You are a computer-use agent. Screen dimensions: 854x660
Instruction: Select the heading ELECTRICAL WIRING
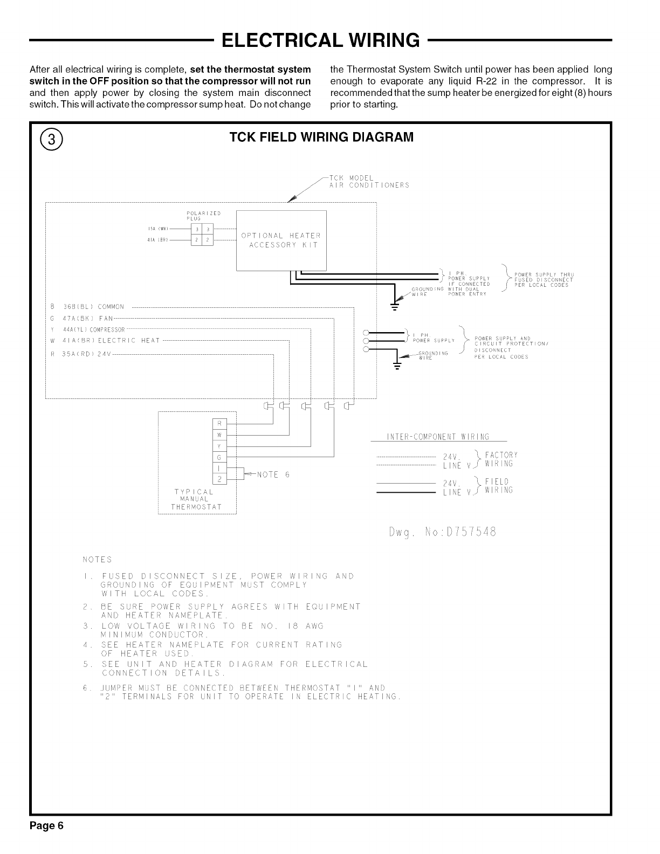[x=320, y=40]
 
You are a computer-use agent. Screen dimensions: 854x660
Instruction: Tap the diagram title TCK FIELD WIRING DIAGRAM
[x=321, y=137]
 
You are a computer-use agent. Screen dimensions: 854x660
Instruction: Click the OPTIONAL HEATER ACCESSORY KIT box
[x=281, y=240]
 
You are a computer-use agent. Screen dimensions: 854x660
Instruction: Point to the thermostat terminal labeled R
[x=219, y=423]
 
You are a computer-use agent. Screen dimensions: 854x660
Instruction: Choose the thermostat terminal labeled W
[x=219, y=435]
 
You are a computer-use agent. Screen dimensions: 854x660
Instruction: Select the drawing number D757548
[x=442, y=533]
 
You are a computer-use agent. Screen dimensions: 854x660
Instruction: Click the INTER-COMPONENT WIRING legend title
[x=438, y=437]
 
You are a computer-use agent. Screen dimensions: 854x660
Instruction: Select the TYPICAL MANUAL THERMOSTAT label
[x=197, y=499]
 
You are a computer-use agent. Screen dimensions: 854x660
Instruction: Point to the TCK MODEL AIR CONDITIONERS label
[x=369, y=182]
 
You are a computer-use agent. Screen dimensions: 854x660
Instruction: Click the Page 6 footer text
[x=47, y=826]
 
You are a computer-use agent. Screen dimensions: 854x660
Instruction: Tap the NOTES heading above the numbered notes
[x=97, y=559]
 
